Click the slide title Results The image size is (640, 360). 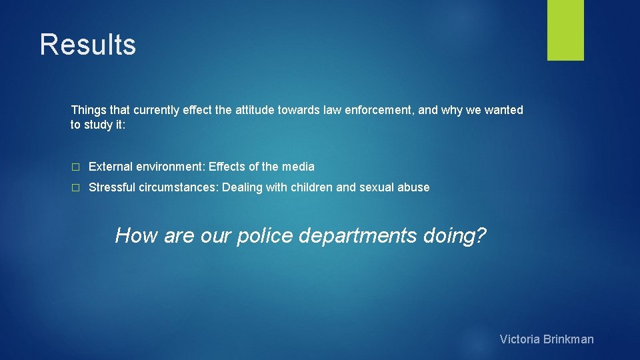[87, 45]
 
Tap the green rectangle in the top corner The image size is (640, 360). [565, 30]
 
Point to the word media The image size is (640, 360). [298, 167]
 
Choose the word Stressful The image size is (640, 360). [112, 187]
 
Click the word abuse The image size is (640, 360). [414, 187]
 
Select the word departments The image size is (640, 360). [358, 236]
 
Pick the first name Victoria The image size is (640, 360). [520, 339]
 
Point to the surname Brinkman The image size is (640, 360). [569, 339]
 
